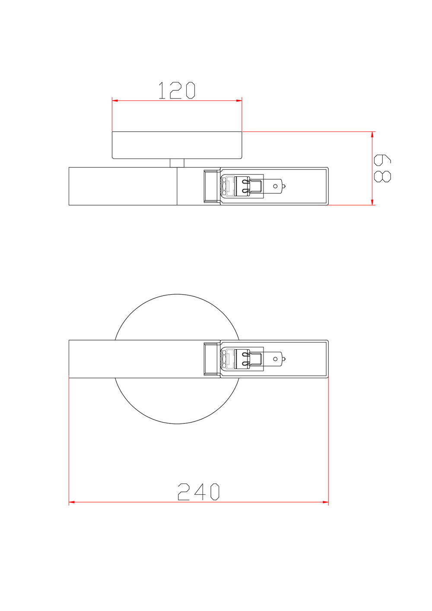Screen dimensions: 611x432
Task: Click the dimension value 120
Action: click(177, 90)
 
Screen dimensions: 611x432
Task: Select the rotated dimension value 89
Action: click(382, 169)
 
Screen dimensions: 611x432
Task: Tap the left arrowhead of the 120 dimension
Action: click(115, 101)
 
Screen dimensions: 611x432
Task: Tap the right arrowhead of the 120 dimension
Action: click(239, 101)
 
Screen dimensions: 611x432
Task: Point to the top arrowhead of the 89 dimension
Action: click(372, 135)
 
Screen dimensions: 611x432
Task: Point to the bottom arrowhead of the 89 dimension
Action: click(372, 202)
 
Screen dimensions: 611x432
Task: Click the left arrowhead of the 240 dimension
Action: click(72, 502)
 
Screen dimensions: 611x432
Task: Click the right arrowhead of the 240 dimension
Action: click(325, 502)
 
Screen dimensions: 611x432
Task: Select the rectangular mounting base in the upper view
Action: click(177, 145)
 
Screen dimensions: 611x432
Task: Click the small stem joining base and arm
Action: click(177, 163)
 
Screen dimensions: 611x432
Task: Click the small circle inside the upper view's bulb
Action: click(275, 186)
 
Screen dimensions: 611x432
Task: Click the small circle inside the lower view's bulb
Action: click(275, 359)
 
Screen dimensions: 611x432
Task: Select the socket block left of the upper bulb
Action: click(211, 186)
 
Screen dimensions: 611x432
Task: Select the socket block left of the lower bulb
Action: click(211, 359)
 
